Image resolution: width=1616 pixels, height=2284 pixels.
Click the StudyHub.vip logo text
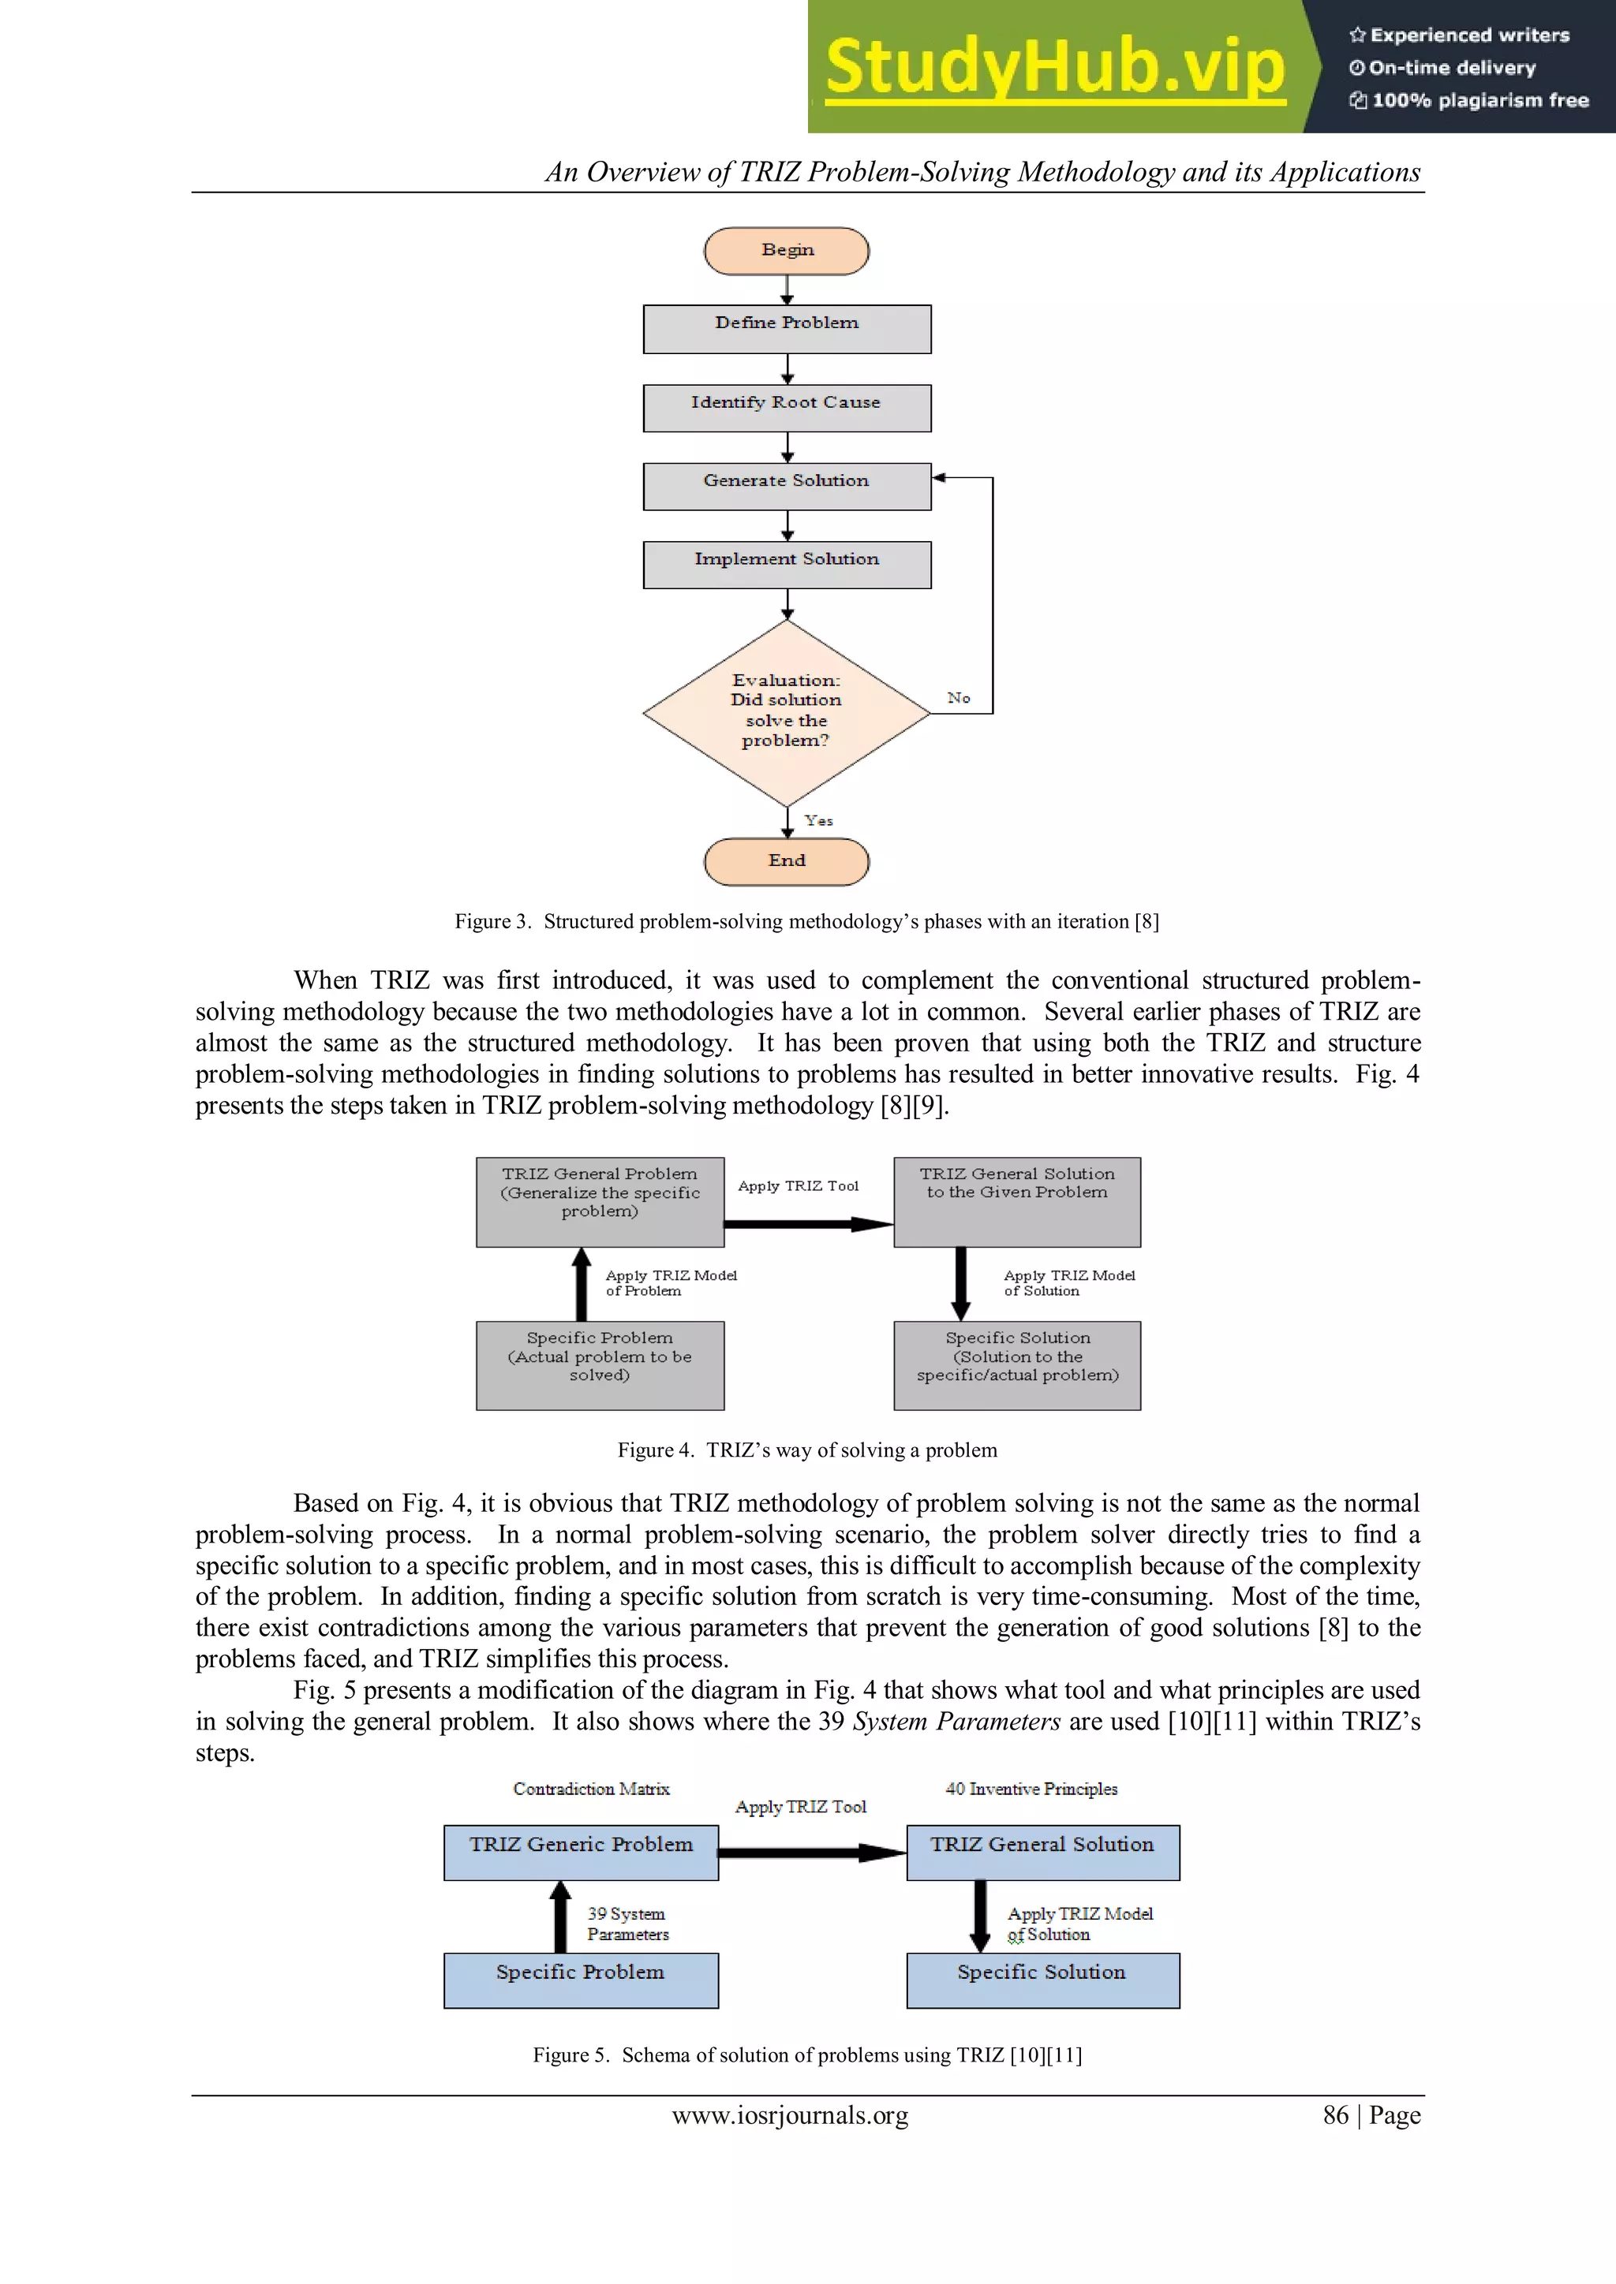tap(1055, 67)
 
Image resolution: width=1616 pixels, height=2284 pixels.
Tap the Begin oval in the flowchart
tap(786, 251)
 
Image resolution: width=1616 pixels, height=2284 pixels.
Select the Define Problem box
tap(786, 328)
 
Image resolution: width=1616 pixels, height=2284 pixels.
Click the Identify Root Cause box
tap(786, 408)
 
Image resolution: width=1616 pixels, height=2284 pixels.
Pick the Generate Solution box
tap(786, 487)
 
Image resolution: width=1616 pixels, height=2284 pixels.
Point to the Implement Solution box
tap(786, 564)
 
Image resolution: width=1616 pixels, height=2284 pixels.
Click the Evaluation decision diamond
tap(786, 711)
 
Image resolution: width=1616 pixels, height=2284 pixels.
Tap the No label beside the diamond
tap(958, 698)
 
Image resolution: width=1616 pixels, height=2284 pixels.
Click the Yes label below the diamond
tap(819, 821)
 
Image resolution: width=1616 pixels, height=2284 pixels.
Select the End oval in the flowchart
tap(786, 861)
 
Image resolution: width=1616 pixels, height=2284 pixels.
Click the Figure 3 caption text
tap(806, 921)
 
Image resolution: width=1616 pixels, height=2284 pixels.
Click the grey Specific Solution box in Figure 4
tap(1017, 1365)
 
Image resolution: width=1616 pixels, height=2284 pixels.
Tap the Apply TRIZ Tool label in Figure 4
tap(798, 1185)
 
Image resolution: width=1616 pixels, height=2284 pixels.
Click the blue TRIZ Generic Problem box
tap(580, 1853)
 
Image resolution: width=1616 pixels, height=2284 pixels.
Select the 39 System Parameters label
tap(627, 1924)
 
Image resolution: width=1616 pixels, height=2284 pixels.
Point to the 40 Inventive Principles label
tap(1031, 1789)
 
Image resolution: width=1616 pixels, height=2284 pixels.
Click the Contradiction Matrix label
tap(591, 1789)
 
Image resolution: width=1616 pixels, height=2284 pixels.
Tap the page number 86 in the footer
tap(1335, 2115)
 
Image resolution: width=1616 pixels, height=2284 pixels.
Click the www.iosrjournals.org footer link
tap(790, 2115)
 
